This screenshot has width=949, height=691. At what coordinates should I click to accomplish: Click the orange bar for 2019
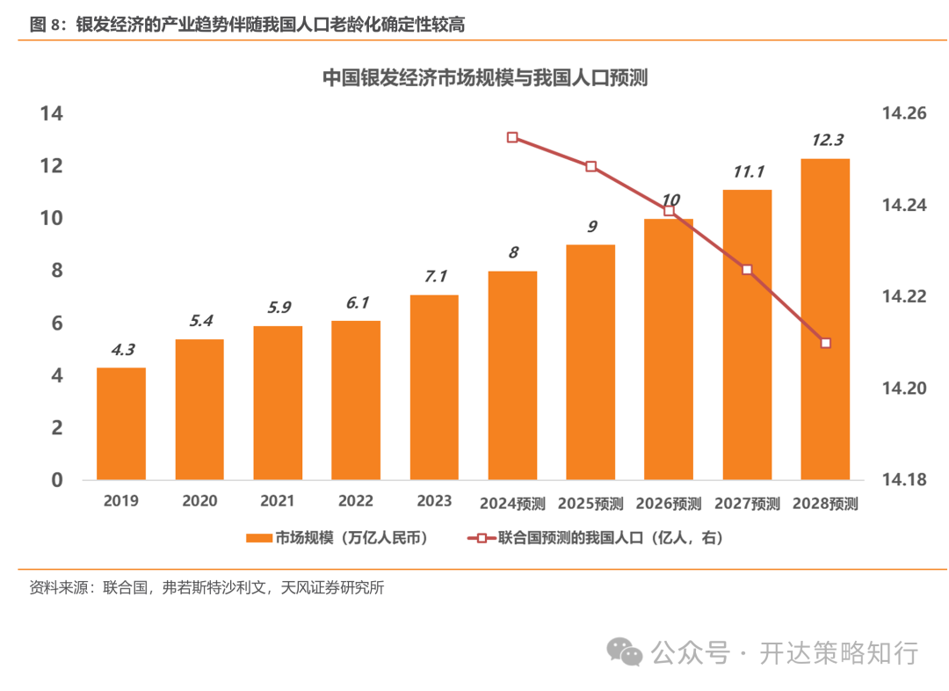pos(120,423)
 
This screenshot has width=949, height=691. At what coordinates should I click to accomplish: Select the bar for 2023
pos(434,387)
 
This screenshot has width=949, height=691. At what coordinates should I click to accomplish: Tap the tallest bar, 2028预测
pos(825,319)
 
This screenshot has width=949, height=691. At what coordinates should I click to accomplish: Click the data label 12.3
pos(826,140)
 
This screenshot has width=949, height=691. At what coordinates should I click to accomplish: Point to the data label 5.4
pos(199,321)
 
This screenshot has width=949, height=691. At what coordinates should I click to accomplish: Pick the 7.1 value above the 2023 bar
pos(435,276)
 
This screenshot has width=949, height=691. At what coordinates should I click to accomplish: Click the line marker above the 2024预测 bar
pos(512,137)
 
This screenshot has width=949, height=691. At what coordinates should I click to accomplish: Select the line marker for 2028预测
pos(825,343)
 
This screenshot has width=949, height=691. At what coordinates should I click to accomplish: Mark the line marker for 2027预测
pos(747,270)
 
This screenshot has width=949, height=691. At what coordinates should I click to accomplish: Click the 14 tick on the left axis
pos(51,113)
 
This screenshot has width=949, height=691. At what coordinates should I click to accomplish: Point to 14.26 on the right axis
pos(904,114)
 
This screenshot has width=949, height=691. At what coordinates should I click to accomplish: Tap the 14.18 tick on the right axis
pos(904,480)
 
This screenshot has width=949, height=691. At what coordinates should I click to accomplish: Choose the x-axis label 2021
pos(278,501)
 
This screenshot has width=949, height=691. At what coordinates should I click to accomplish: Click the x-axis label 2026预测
pos(669,504)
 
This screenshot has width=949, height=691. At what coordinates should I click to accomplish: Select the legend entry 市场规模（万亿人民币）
pos(337,538)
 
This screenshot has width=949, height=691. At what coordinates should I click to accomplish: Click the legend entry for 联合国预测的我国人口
pos(598,538)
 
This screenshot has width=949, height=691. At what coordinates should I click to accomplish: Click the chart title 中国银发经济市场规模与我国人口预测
pos(484,77)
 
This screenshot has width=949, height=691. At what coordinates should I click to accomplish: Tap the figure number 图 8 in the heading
pos(48,25)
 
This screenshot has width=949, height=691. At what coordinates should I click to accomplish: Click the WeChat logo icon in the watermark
pos(627,652)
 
